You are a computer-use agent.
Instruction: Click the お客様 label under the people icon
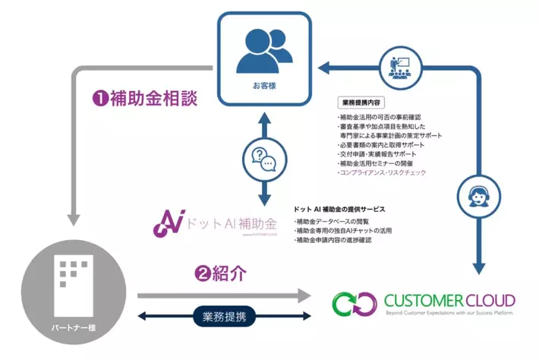point(263,85)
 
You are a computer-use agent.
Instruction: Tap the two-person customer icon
point(263,50)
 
